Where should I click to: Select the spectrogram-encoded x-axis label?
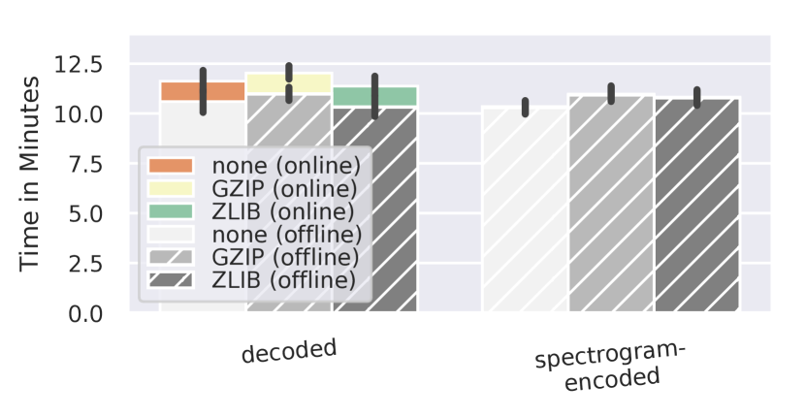tap(611, 368)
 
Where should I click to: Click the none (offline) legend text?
tap(287, 234)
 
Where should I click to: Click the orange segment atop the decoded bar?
tap(179, 91)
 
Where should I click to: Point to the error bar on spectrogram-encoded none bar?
tap(526, 107)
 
